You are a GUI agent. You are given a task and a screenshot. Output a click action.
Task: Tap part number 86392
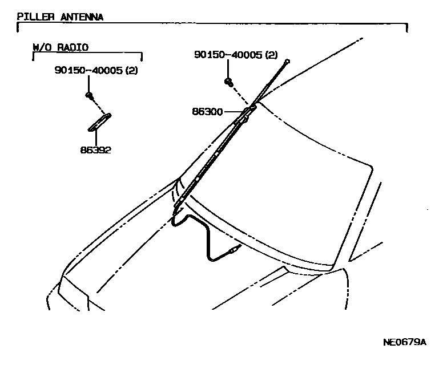click(95, 151)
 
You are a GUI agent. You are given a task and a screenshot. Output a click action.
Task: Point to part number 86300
click(207, 112)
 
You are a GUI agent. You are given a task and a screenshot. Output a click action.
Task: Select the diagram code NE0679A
click(404, 342)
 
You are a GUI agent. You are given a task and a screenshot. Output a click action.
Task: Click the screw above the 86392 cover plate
click(89, 94)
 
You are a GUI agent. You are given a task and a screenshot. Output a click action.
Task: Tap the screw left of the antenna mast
click(229, 83)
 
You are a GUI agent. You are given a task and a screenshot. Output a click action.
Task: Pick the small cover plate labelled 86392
click(99, 121)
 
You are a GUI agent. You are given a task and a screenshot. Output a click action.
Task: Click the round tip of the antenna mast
click(289, 60)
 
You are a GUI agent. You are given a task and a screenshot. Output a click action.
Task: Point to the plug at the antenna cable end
click(233, 250)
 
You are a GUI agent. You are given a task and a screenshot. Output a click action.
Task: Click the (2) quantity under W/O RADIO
click(131, 71)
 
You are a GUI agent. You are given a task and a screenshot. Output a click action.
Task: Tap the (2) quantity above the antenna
click(271, 55)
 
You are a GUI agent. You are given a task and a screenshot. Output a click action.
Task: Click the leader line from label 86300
click(231, 112)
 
